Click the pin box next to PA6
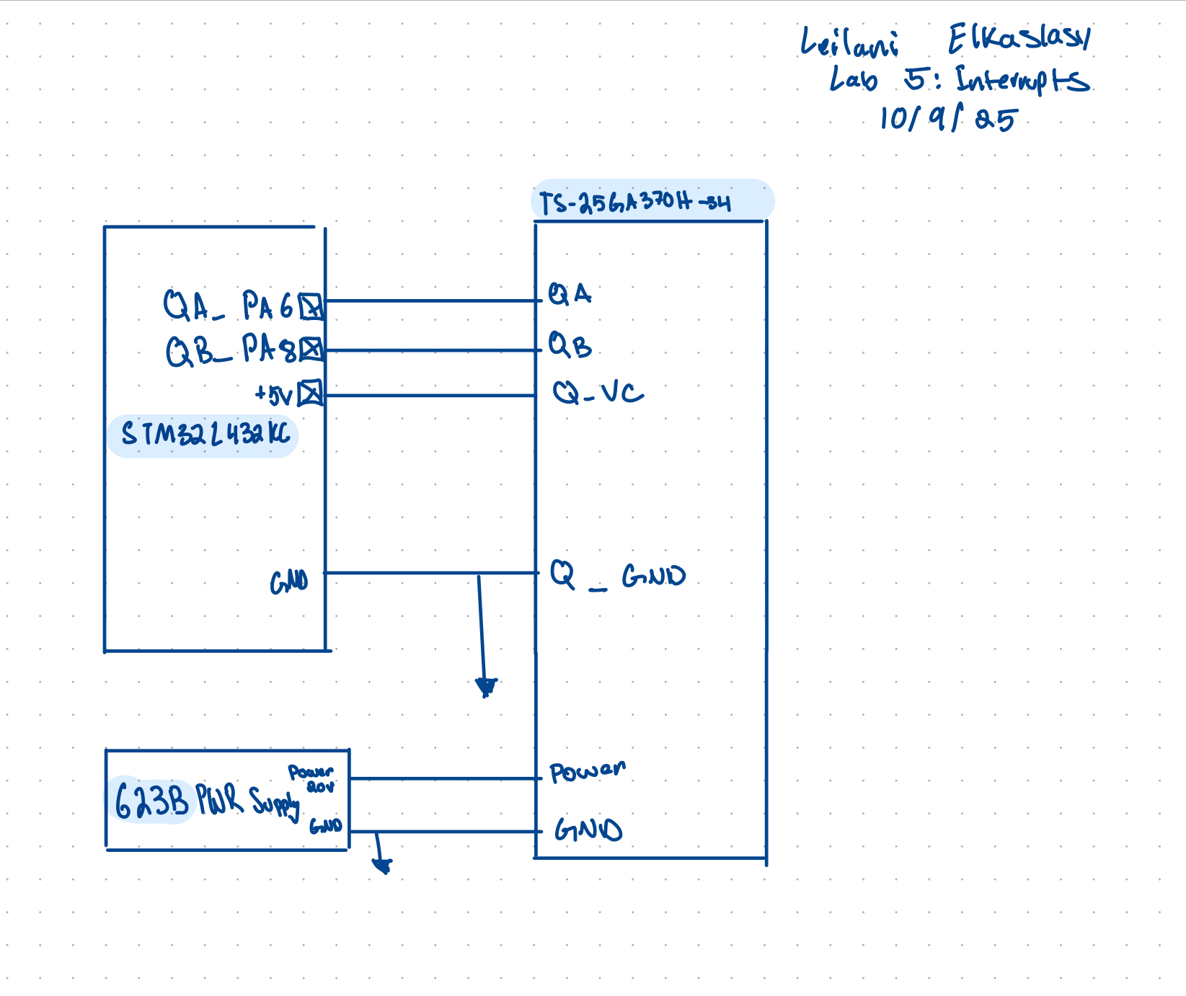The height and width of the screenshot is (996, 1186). click(x=311, y=307)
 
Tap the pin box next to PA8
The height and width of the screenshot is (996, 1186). click(x=311, y=350)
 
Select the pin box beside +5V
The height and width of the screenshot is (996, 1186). click(x=311, y=393)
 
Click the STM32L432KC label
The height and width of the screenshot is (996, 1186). click(x=205, y=435)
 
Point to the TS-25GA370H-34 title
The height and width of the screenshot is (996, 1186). click(x=634, y=203)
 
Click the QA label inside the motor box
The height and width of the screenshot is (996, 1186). click(x=570, y=294)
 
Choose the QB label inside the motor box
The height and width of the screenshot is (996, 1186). click(x=570, y=346)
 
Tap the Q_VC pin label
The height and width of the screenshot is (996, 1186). click(x=598, y=393)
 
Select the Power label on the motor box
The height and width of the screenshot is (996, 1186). click(x=587, y=772)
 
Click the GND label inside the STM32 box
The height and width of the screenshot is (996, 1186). click(x=289, y=582)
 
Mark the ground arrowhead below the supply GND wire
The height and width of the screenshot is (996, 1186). click(x=382, y=864)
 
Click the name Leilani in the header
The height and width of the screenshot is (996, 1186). click(x=850, y=43)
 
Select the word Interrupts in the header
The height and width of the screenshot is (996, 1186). click(x=1022, y=80)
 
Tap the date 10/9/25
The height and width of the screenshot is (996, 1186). click(x=947, y=119)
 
